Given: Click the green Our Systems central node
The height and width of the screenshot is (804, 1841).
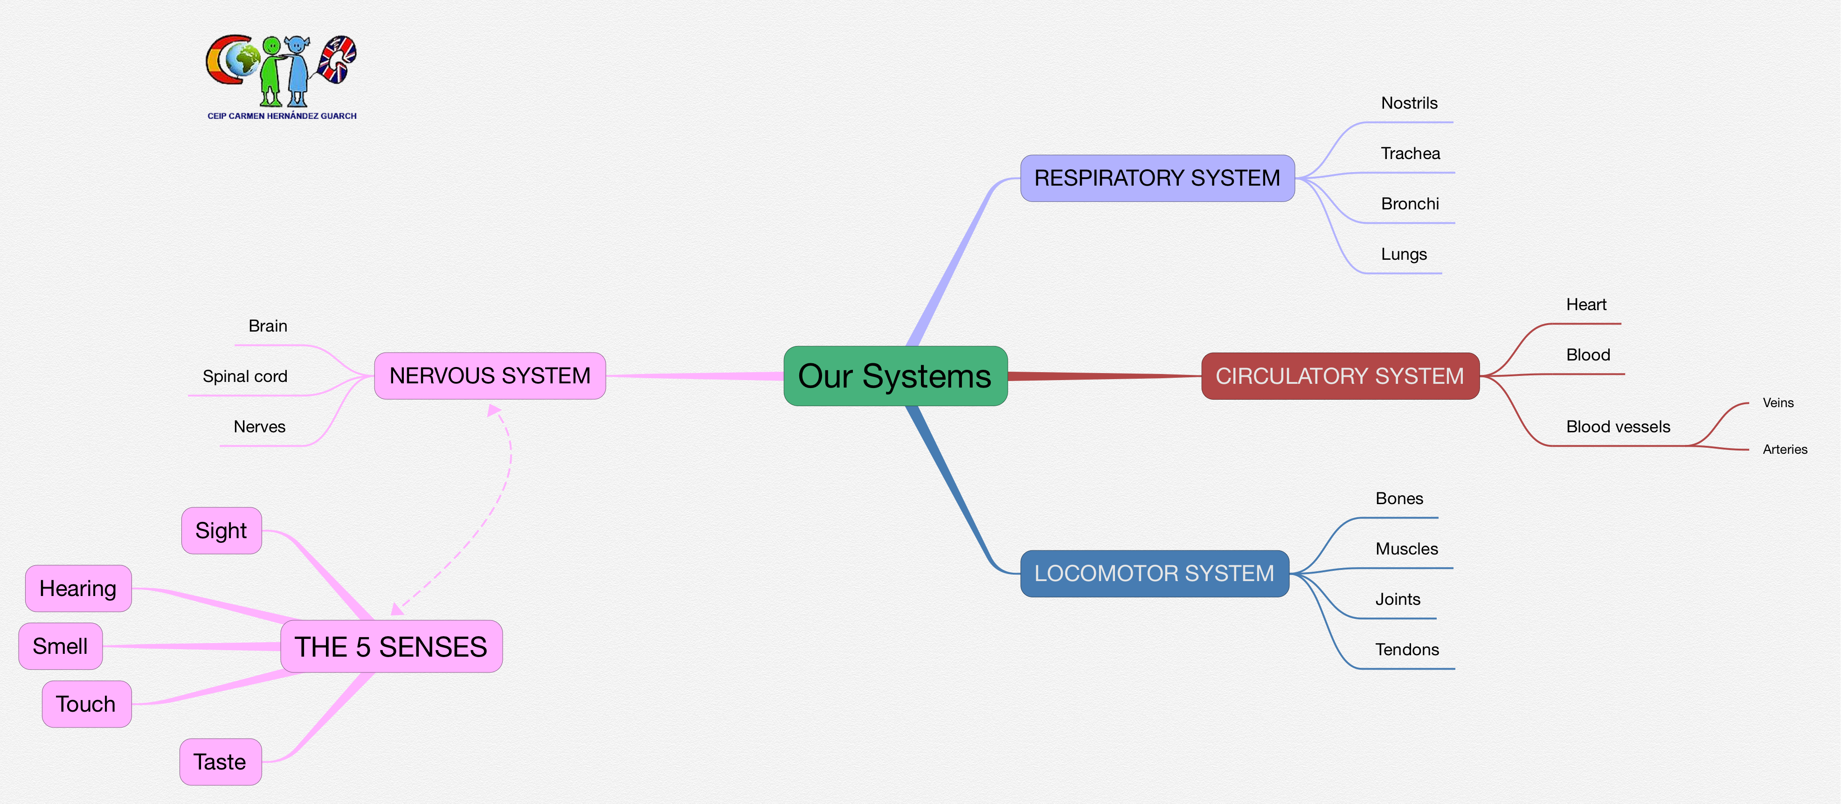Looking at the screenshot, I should coord(895,376).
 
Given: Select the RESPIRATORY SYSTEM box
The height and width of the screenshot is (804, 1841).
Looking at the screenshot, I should coord(1156,178).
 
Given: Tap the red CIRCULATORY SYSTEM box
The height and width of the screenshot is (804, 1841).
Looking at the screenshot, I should coord(1339,376).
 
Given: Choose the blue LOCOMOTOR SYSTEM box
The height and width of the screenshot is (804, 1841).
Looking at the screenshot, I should coord(1154,573).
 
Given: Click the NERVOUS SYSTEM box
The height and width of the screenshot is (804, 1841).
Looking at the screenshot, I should coord(490,376).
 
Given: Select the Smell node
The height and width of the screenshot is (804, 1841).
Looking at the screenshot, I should coord(60,646).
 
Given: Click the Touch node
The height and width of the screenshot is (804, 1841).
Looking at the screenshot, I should coord(86,704).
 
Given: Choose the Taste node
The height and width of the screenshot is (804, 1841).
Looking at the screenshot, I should coord(220,762).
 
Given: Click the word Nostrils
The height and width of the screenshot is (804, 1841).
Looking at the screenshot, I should coord(1409,103).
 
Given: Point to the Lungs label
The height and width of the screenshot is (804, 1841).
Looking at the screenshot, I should coord(1404,255).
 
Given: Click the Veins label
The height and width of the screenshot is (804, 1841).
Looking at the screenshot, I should coord(1778,403).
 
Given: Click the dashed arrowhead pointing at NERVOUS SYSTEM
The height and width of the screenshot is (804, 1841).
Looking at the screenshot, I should coord(493,410).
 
